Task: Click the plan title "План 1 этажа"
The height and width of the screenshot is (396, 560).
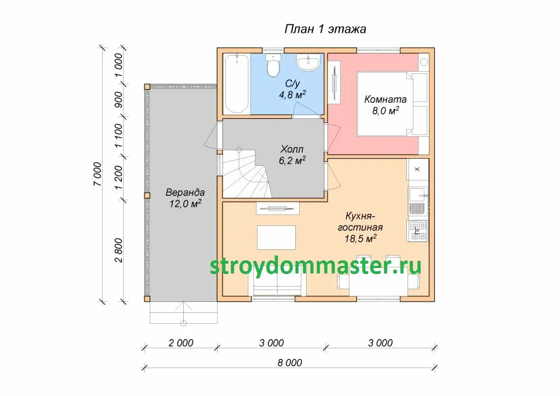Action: pos(325,29)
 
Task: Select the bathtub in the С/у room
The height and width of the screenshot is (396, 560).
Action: pos(237,84)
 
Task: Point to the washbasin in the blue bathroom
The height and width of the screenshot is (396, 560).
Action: pos(308,62)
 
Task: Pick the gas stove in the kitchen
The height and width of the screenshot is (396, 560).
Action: pos(417,231)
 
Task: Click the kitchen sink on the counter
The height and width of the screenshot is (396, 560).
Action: pos(417,201)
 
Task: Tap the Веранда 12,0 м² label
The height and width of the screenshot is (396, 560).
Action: pos(185,198)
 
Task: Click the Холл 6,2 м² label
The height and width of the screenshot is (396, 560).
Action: pos(292,155)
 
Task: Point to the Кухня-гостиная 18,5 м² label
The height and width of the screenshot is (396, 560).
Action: pos(360,227)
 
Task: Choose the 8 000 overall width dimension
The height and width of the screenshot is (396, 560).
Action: pos(290,363)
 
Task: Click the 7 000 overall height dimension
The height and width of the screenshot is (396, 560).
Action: pos(97,174)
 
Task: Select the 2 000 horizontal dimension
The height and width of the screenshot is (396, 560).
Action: pos(180,343)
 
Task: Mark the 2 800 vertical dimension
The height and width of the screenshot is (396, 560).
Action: pos(119,251)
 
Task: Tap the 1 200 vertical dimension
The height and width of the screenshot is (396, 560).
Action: pos(119,177)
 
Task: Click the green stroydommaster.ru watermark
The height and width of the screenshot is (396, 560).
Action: pos(316,266)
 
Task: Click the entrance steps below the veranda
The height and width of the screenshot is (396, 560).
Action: pos(184,313)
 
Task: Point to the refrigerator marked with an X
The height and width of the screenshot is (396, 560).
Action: pos(417,170)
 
